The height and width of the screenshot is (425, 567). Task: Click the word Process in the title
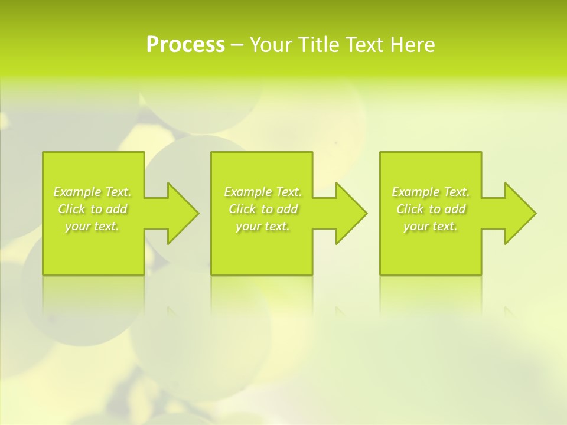pos(185,45)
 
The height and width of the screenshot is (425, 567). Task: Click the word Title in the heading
pos(319,45)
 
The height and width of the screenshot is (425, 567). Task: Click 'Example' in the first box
pos(77,192)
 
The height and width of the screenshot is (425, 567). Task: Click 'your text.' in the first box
pos(92,226)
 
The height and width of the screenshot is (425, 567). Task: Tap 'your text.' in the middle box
pos(263,226)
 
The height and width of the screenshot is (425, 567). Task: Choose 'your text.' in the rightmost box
pos(431,226)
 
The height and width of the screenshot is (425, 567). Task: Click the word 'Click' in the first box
pos(71,209)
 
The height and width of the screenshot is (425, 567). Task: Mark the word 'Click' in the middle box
pos(242,209)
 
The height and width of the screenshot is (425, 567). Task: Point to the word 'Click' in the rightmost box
pos(409,209)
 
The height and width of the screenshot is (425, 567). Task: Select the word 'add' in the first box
pos(117,209)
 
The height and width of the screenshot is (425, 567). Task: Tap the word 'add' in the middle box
pos(288,209)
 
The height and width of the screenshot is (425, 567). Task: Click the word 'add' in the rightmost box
pos(455,209)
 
